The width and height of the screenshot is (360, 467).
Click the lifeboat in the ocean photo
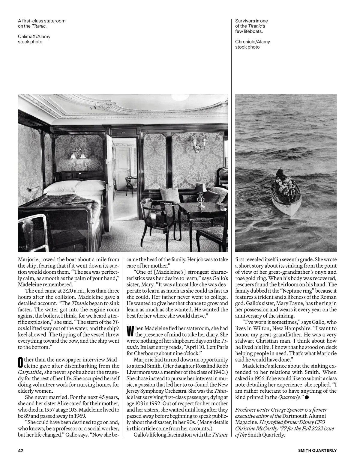(286, 195)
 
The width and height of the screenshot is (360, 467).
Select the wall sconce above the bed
(77, 153)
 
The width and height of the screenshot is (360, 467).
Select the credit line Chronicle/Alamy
(252, 42)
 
